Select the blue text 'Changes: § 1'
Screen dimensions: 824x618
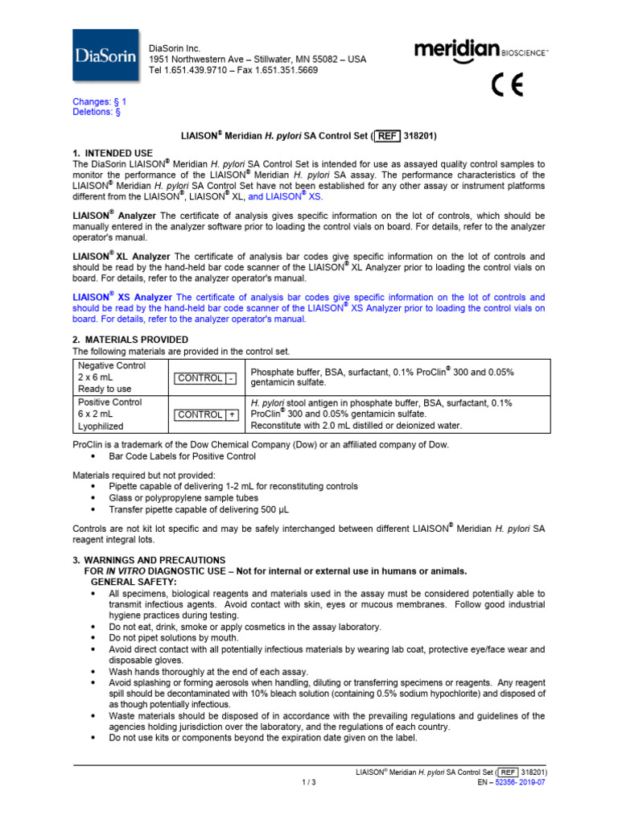[x=100, y=102]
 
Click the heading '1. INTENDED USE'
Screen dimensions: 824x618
[x=113, y=152]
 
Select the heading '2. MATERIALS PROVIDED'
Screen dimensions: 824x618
[x=130, y=340]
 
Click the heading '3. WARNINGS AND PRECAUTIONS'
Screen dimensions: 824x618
[x=149, y=559]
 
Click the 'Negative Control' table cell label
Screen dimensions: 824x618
[x=112, y=365]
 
